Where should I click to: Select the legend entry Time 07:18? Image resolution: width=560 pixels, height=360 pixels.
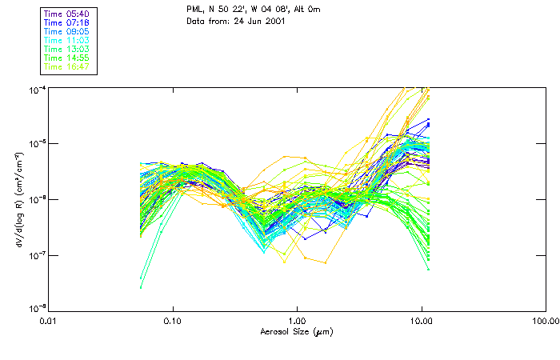tap(66, 23)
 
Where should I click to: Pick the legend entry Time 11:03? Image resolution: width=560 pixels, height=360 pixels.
tap(66, 41)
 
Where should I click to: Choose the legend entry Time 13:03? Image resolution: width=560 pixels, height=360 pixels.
tap(66, 50)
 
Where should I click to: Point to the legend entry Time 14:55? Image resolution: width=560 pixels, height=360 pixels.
tap(66, 58)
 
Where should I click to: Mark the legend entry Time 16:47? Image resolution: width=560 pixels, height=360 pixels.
tap(66, 67)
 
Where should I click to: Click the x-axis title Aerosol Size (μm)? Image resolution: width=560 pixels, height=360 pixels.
tap(297, 331)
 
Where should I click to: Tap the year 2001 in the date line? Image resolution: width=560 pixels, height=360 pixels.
tap(269, 22)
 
